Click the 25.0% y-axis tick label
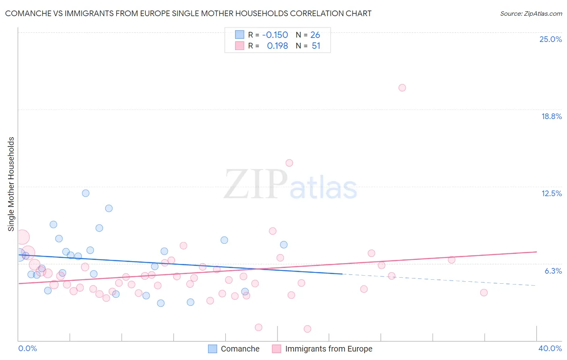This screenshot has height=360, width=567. coord(550,39)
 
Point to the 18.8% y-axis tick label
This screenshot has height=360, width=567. coord(551,116)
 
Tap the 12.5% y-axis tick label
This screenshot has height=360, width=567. coord(551,193)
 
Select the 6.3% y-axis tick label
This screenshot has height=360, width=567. coord(553,271)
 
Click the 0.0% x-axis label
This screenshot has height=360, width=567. coord(27,348)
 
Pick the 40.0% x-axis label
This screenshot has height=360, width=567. coord(550,348)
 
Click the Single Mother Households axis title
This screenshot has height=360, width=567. coord(11,184)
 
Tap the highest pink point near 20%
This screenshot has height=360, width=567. coord(402,88)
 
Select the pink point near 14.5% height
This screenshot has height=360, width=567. coord(289,163)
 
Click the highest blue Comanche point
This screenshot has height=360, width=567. coord(85,193)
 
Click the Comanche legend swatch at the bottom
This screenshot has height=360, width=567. coord(213,349)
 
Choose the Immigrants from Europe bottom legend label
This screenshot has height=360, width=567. coord(329,349)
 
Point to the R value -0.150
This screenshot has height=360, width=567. coord(275,35)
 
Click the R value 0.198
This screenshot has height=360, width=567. coord(277,46)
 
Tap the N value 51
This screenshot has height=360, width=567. coord(316,46)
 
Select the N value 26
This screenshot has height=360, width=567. coord(315,35)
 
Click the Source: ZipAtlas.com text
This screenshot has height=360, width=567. coord(531,14)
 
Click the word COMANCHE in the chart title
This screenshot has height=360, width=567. coord(28,14)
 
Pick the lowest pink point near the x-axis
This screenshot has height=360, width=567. coord(307,329)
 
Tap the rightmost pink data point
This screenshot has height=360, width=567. coord(484,293)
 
